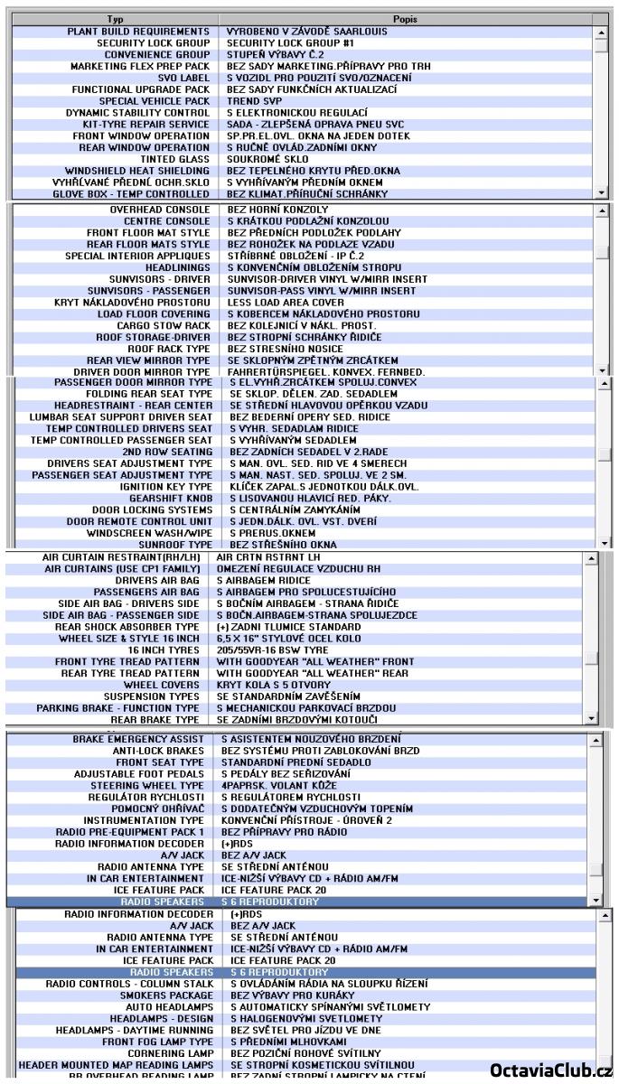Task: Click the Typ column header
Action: (115, 19)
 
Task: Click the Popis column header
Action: (405, 19)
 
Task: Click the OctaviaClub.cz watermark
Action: (551, 1071)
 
